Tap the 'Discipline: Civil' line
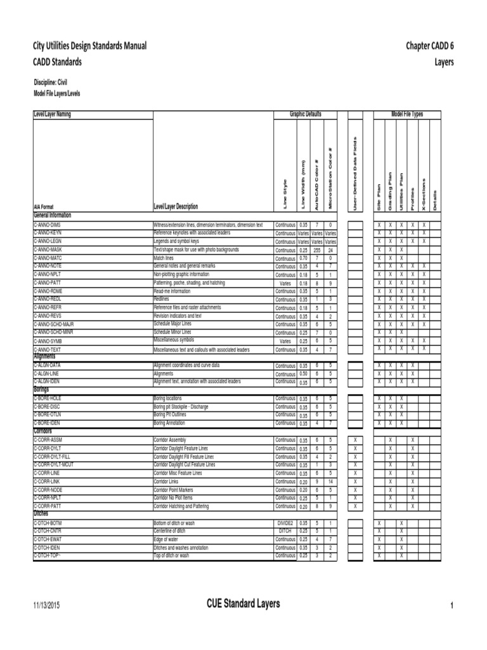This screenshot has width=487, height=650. [x=50, y=83]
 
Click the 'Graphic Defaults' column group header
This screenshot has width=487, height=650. [x=306, y=114]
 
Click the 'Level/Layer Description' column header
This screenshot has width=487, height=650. [x=176, y=206]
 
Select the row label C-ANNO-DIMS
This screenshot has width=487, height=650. [x=48, y=225]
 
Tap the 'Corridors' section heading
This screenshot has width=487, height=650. [x=43, y=431]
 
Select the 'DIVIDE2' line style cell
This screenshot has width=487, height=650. [x=285, y=522]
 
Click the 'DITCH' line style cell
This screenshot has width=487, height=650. [x=285, y=531]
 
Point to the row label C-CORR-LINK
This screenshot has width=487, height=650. [x=47, y=481]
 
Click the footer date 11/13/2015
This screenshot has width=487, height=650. [x=47, y=606]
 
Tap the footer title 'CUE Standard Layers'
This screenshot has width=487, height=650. [x=243, y=604]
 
